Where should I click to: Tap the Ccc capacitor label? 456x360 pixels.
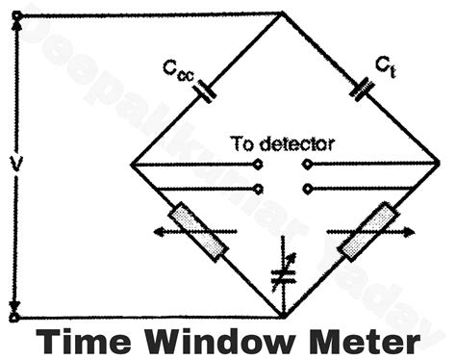pos(179,68)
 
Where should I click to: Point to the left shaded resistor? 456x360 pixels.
pos(198,231)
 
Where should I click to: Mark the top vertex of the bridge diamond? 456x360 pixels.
pos(282,13)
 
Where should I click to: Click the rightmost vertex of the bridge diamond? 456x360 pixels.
pos(442,165)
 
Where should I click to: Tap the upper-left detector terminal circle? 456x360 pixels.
pos(260,165)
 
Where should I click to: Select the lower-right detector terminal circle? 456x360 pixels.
pos(306,188)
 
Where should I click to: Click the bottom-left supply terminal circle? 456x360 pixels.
pos(13,317)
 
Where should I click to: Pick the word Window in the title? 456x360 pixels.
pos(225,342)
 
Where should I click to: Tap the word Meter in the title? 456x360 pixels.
pos(370,342)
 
